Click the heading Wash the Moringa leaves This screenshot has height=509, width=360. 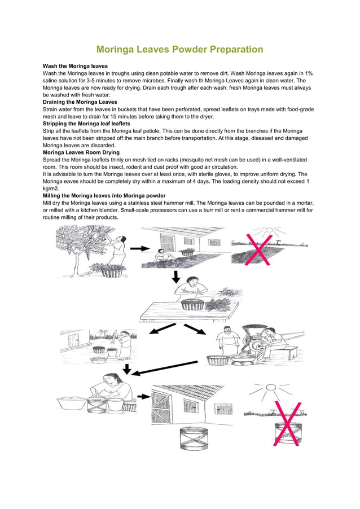coord(75,67)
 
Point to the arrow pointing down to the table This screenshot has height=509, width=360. coord(176,276)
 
